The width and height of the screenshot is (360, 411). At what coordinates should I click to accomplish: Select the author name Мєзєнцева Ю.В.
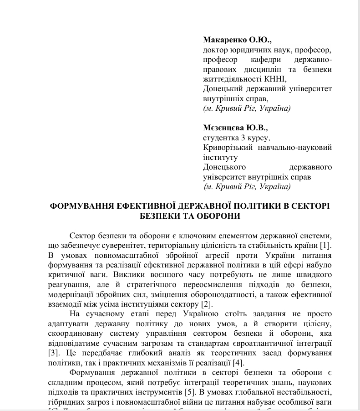[x=235, y=128]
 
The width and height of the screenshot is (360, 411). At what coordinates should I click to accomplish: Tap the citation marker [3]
[x=54, y=353]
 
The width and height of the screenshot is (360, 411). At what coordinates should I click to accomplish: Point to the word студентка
[x=220, y=138]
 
